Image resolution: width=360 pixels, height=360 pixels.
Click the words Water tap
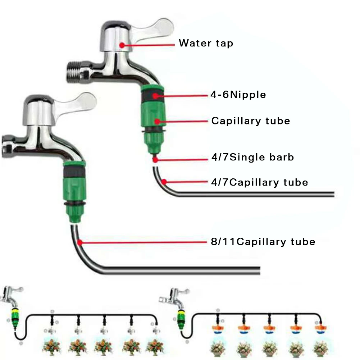(x=206, y=44)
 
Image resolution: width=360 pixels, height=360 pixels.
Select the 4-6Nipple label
(x=238, y=95)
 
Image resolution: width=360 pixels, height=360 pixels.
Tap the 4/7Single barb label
(x=252, y=157)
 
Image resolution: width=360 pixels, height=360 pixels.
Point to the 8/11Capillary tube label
(x=263, y=241)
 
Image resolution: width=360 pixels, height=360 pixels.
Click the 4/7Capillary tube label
(x=259, y=182)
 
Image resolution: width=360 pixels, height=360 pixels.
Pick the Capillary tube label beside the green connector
(x=250, y=121)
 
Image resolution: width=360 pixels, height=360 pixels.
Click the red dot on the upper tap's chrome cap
(x=122, y=45)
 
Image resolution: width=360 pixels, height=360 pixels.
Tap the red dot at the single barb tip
(x=155, y=158)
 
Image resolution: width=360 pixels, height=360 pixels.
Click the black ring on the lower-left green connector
(x=74, y=172)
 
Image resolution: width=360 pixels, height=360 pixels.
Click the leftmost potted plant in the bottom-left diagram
(x=51, y=346)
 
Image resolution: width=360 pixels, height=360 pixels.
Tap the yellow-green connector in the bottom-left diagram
(x=15, y=313)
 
